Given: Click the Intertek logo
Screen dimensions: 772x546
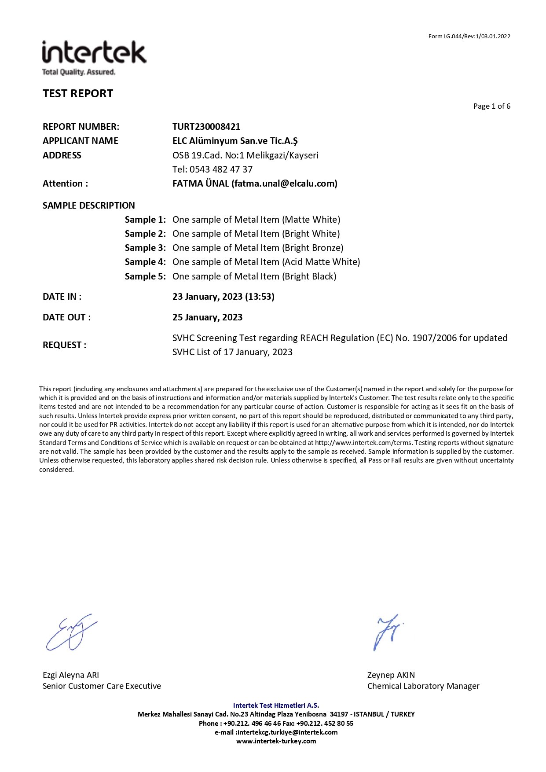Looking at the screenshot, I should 94,58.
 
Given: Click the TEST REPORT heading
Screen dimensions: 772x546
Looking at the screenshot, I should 78,93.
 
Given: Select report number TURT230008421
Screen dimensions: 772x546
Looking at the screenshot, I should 206,127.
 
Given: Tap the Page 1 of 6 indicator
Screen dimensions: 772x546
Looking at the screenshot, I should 491,106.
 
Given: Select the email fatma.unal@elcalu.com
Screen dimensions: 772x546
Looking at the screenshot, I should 284,184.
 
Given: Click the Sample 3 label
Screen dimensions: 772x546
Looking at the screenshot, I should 145,248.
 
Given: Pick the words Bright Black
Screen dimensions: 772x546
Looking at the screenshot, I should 310,276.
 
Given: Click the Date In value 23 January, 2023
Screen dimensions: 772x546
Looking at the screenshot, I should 208,297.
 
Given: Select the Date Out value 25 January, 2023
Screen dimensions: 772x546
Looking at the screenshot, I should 207,317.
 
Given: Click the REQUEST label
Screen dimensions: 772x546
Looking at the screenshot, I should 64,345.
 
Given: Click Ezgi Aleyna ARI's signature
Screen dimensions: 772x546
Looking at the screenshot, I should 70,633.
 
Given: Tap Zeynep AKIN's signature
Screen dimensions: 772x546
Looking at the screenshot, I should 387,632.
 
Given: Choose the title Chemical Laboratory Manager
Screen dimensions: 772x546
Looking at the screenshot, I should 423,686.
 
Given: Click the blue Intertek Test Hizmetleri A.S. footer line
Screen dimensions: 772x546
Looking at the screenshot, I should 276,705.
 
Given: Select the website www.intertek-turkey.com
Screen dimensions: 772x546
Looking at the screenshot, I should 276,741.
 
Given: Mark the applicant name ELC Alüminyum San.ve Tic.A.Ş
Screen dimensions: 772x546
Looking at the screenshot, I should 235,141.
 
